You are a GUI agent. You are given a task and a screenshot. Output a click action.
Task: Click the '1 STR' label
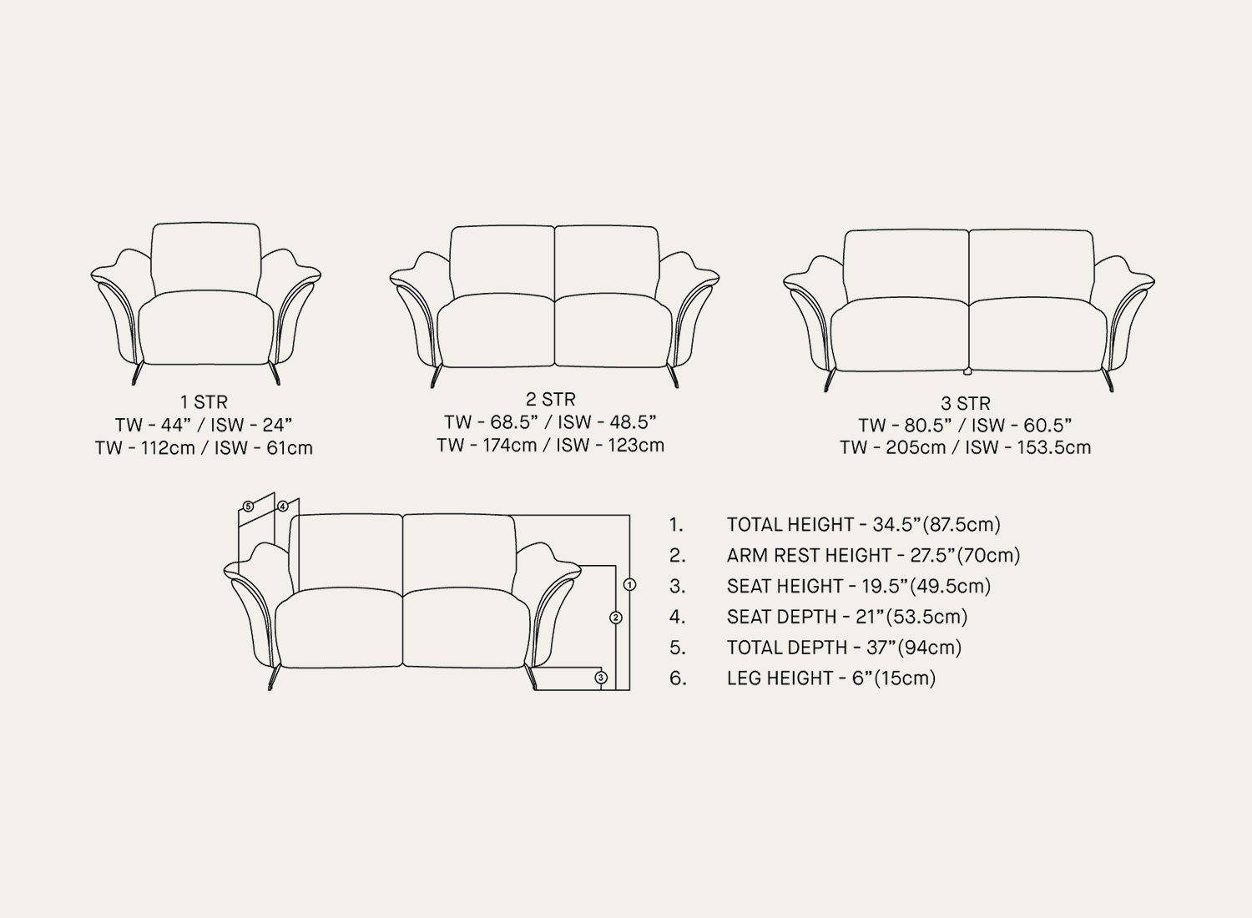tap(204, 402)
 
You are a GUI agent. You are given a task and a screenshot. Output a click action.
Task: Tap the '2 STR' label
tap(551, 400)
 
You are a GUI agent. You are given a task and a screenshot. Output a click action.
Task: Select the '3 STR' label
tap(965, 403)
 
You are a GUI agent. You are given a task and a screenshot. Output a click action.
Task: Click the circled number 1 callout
tap(630, 584)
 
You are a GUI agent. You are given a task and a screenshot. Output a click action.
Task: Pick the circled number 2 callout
tap(615, 618)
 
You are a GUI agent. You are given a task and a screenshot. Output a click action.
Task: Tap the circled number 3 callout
tap(601, 678)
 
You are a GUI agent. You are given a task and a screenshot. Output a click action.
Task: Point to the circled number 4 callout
tap(283, 507)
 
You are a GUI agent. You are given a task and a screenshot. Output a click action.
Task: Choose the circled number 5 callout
tap(248, 507)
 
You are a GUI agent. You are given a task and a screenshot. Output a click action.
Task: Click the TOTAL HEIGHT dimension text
tap(864, 525)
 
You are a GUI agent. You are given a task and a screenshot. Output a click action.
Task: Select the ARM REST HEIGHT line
tap(873, 555)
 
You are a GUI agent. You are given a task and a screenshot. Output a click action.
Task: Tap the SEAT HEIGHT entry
tap(859, 586)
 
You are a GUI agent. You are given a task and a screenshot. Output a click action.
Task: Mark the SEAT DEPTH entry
tap(847, 617)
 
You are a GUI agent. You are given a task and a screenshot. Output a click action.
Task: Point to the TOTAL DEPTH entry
tap(844, 648)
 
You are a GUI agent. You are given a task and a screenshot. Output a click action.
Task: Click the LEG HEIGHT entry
tap(831, 678)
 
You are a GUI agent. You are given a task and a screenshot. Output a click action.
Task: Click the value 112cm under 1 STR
tap(168, 448)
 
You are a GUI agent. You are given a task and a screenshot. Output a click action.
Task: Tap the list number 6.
tap(678, 678)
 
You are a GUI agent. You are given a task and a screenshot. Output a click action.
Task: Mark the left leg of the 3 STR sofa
tap(829, 380)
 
